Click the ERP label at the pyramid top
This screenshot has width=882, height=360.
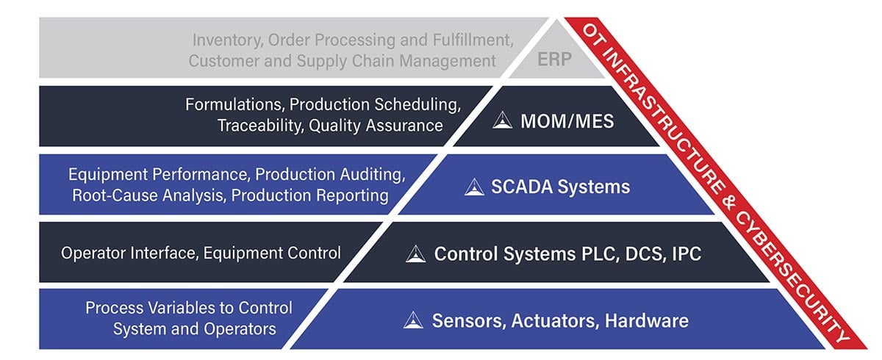tap(552, 60)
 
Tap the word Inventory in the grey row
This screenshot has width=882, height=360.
tap(225, 40)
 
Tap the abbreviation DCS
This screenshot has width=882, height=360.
tap(645, 254)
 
